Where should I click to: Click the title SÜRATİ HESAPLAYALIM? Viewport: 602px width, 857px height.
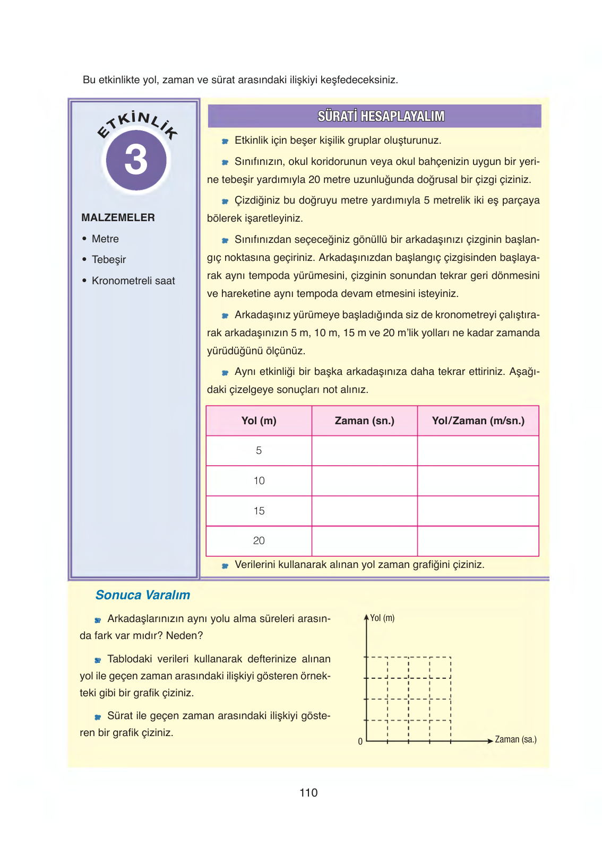click(381, 116)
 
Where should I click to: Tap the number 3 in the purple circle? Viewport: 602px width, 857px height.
click(136, 160)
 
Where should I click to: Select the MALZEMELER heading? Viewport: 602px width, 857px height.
click(118, 217)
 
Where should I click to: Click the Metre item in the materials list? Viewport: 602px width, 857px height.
click(105, 239)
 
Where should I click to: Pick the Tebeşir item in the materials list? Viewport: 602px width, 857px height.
click(109, 259)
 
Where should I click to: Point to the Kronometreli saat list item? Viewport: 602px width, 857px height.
click(133, 281)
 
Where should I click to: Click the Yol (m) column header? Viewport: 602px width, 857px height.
click(259, 421)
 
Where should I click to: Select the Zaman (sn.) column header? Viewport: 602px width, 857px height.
click(364, 421)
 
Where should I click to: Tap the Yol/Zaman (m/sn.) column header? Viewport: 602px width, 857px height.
click(478, 421)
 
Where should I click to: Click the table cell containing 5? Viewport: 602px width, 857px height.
click(259, 451)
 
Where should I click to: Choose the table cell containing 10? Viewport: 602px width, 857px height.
click(259, 481)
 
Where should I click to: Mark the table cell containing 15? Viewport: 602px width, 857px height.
click(259, 511)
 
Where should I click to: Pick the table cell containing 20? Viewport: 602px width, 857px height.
click(259, 541)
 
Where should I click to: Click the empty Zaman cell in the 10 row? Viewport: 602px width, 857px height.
click(364, 481)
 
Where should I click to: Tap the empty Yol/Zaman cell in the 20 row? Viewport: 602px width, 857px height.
click(478, 541)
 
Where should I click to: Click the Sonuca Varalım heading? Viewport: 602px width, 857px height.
click(142, 595)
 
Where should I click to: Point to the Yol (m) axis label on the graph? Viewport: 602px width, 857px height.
click(382, 618)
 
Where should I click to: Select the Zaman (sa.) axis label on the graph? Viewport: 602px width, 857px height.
click(515, 739)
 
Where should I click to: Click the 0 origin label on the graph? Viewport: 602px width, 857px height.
click(360, 741)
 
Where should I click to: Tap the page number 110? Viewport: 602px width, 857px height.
click(308, 793)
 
